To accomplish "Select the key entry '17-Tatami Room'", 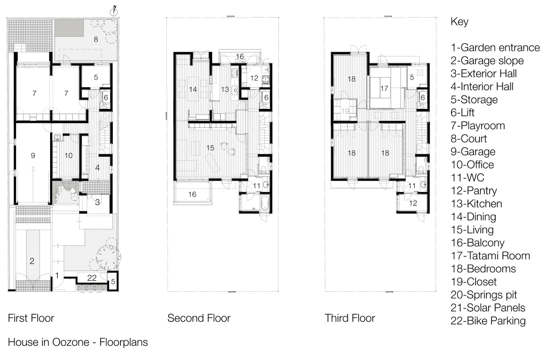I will (490, 256).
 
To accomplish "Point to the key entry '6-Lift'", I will (463, 113).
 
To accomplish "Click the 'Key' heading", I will (459, 22).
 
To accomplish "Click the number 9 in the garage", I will (33, 156).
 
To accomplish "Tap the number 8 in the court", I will (96, 39).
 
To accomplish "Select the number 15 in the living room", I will (210, 148).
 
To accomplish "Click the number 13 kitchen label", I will (225, 89).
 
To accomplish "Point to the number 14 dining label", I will (193, 89).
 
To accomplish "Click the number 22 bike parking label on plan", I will (92, 279).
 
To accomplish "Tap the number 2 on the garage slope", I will (32, 261).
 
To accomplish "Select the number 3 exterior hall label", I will (98, 202).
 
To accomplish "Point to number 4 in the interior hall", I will (98, 168).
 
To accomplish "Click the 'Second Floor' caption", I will (199, 319).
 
